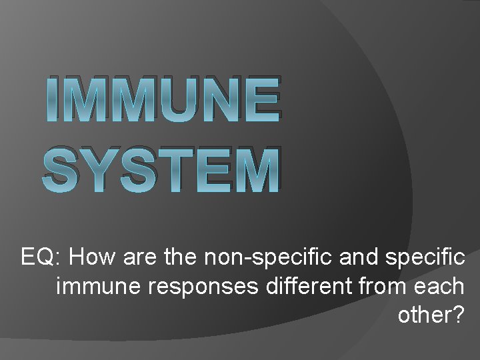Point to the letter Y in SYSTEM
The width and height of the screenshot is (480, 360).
pyautogui.click(x=93, y=171)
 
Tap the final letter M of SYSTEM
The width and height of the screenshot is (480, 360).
pyautogui.click(x=250, y=171)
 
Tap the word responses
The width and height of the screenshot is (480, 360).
pyautogui.click(x=204, y=287)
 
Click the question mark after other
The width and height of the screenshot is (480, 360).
pyautogui.click(x=457, y=315)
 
